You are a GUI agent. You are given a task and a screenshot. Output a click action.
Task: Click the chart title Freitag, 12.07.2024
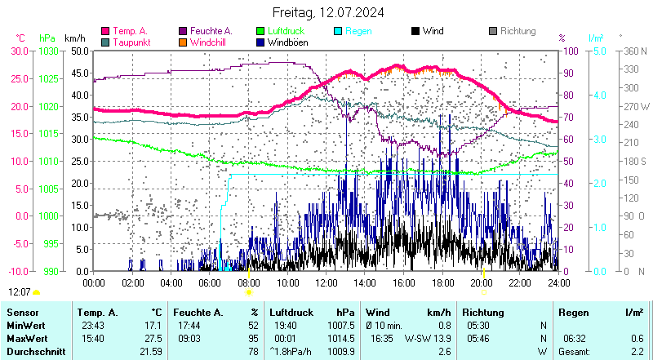[x=326, y=13]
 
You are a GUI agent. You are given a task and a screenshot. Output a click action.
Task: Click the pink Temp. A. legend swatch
[x=105, y=31]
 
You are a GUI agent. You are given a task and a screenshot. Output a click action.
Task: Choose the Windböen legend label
[x=287, y=42]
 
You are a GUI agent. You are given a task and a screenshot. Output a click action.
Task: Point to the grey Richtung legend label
[x=518, y=31]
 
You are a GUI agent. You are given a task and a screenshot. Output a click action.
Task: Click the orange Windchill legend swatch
[x=183, y=42]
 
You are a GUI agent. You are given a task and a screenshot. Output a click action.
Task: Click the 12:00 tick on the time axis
[x=326, y=282]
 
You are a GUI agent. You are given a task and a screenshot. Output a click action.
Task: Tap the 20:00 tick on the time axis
[x=481, y=282]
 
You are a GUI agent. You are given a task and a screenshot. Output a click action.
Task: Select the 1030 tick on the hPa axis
[x=48, y=51]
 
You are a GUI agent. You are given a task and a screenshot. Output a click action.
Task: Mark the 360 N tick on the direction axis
[x=634, y=51]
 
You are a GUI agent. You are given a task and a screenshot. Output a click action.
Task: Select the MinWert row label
[x=25, y=325]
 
